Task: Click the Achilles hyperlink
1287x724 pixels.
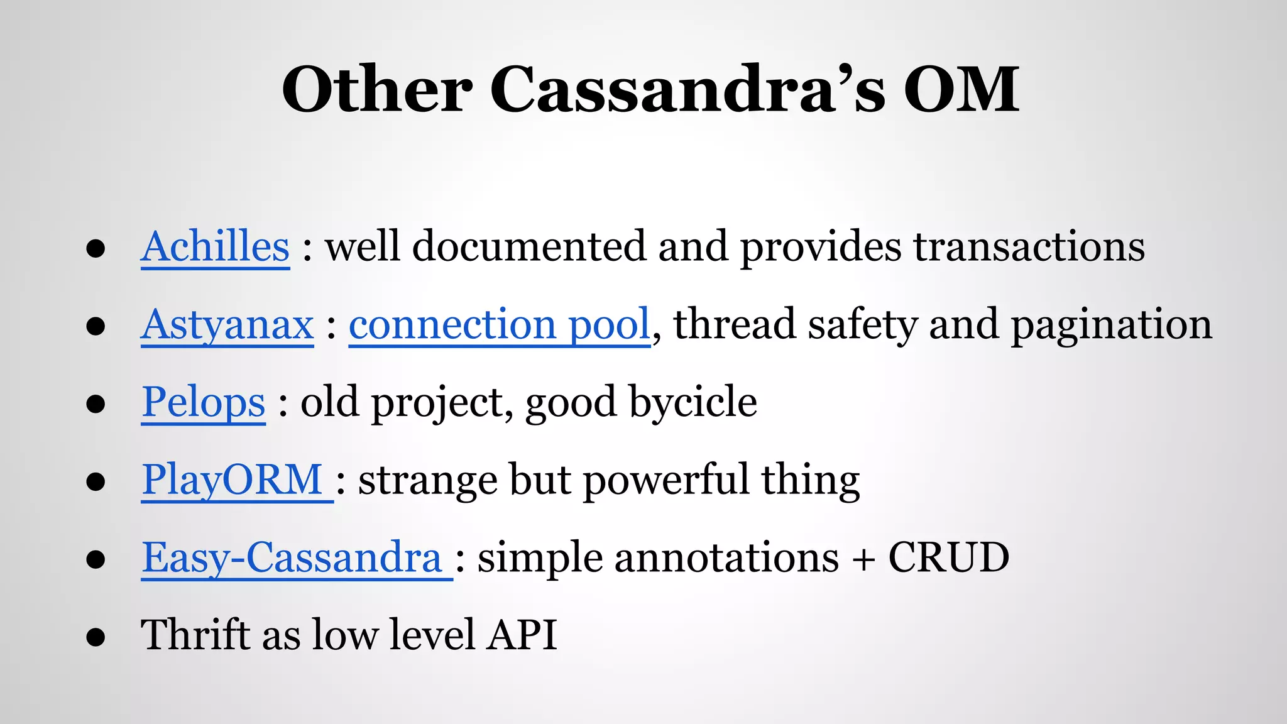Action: pos(215,246)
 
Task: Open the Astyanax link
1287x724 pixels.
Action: pos(227,325)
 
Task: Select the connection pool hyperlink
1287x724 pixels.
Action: pos(499,325)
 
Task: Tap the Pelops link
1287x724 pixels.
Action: pos(203,402)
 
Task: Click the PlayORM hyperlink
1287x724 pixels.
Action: pos(233,480)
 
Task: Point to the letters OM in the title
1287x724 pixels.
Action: pos(961,89)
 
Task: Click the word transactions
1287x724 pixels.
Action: pos(1029,246)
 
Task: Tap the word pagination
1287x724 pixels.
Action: pos(1111,325)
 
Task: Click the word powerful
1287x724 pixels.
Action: pos(666,480)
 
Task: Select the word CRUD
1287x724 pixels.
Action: pos(948,558)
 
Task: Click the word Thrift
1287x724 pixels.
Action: pos(195,635)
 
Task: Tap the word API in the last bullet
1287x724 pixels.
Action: pos(523,635)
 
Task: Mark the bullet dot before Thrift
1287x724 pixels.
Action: pos(96,637)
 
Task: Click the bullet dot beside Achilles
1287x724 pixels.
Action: pos(96,249)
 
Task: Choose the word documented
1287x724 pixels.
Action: pos(528,246)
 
